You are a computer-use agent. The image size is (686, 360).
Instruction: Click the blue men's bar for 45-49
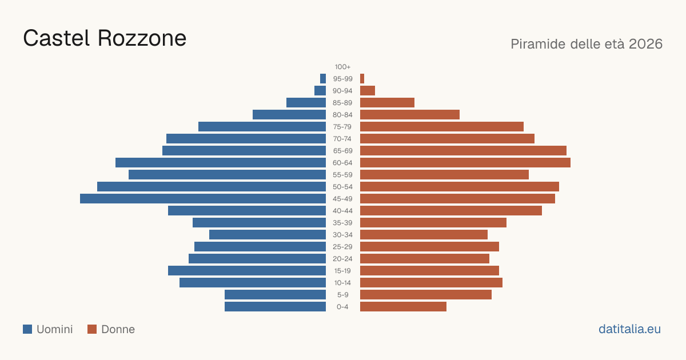pos(203,199)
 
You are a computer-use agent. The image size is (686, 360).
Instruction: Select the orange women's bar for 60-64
pos(465,162)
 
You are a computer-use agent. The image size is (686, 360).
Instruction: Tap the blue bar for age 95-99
pos(323,79)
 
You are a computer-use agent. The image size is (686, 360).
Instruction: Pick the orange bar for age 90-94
pos(368,91)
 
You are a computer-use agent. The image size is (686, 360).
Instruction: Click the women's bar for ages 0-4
pos(403,307)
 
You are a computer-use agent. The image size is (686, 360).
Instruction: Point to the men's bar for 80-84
pos(289,115)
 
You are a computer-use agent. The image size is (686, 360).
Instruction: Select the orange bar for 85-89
pos(387,102)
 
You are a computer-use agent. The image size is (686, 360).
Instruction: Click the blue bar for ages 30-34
pos(268,235)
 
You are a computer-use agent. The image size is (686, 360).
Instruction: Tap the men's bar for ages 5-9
pos(275,295)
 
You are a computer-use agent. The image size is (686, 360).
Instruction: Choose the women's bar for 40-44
pos(451,211)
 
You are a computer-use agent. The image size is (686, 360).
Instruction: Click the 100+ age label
pos(342,67)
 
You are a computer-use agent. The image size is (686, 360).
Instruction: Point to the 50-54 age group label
pos(342,187)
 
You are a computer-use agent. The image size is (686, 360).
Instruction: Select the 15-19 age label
pos(342,271)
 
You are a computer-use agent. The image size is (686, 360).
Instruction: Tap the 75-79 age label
pos(342,127)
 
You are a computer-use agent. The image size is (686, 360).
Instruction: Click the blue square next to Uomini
pos(27,329)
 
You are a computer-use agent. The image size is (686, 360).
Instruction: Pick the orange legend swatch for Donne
pos(92,329)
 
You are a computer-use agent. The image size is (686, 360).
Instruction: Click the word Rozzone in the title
pos(142,38)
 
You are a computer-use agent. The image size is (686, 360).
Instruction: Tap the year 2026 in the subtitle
pos(645,44)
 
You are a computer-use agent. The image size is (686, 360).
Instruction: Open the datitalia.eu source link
pos(629,329)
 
